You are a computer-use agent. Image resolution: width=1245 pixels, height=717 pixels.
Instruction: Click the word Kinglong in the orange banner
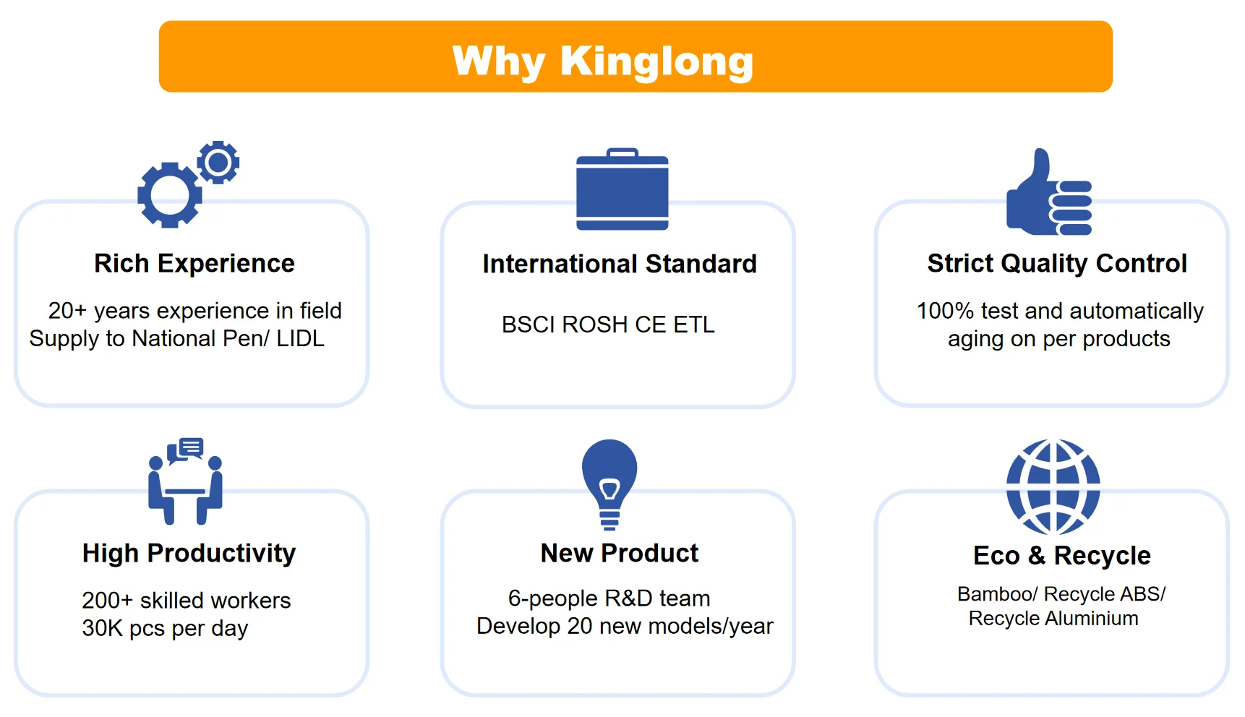[656, 62]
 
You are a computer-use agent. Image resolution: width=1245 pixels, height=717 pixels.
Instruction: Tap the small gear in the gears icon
[218, 162]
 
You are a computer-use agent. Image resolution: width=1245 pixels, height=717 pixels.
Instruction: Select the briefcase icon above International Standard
[622, 190]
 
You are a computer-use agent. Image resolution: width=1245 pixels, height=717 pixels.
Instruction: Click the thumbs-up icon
[1048, 194]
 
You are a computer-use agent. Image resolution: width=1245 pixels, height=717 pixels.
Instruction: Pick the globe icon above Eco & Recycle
[1053, 486]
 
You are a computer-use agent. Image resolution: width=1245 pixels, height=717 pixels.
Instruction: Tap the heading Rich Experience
[194, 264]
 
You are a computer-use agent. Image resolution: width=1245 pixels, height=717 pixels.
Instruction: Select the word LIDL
[300, 339]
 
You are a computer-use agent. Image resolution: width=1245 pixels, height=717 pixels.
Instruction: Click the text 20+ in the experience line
[67, 311]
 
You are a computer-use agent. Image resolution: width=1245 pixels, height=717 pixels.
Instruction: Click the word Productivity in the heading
[221, 554]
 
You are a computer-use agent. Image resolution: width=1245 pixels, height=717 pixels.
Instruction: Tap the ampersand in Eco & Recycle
[1036, 556]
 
